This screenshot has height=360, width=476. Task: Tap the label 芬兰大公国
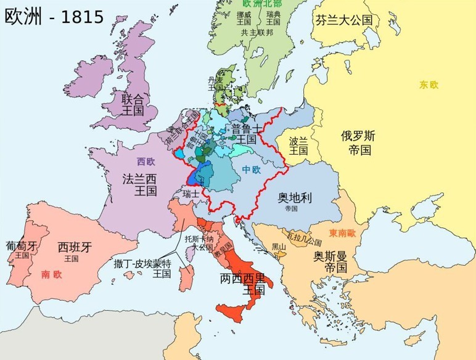(x=343, y=20)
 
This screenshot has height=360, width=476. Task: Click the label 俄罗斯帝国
(x=358, y=142)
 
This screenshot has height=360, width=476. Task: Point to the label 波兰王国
(x=299, y=145)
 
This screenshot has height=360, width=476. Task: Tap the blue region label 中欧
(x=251, y=169)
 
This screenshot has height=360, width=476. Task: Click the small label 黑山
(x=279, y=247)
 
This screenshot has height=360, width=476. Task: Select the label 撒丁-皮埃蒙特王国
(x=142, y=268)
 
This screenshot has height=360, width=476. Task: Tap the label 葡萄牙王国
(x=22, y=249)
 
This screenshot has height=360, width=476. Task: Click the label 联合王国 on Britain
(x=132, y=105)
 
